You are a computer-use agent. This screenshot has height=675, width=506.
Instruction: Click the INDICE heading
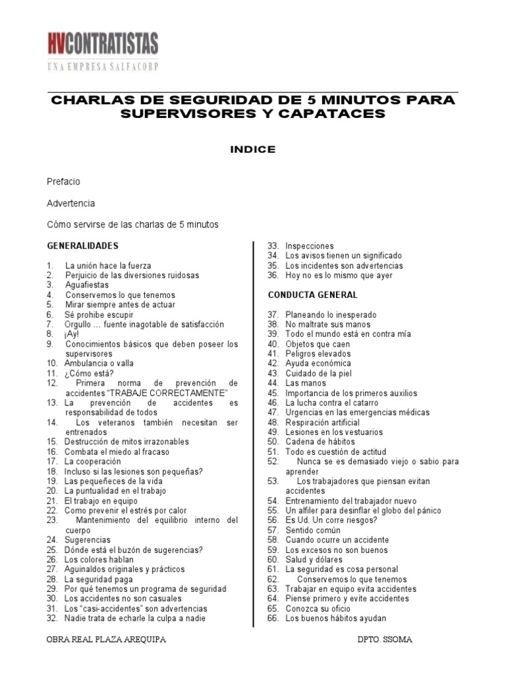pos(252,150)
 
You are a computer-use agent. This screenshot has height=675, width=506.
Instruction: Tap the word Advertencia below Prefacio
pos(71,203)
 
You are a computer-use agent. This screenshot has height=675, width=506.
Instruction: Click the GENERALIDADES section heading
pos(82,246)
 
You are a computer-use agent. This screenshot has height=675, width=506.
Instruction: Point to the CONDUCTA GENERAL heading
pos(312,295)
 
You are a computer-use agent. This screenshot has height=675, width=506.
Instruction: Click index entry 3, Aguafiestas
pos(87,285)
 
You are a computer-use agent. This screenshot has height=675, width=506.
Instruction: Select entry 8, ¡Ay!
pos(71,334)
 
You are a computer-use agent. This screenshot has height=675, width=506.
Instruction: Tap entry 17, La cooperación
pos(92,461)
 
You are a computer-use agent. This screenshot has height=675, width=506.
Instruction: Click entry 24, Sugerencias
pos(87,540)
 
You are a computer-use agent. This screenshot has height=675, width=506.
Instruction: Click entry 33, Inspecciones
pos(309,246)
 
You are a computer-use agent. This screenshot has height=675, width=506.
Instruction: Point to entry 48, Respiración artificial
pos(322,422)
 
